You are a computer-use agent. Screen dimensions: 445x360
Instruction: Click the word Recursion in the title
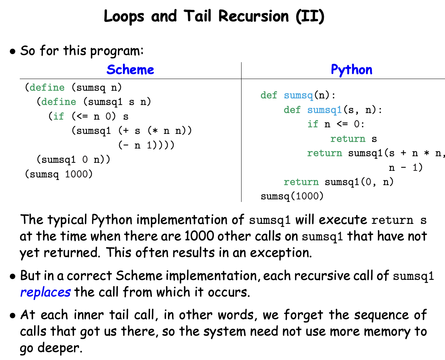[x=253, y=16]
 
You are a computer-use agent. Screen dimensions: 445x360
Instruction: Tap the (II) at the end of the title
[x=310, y=16]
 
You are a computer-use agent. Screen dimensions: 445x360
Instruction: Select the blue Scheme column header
[x=130, y=70]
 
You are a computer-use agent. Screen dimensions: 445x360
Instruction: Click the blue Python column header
[x=352, y=70]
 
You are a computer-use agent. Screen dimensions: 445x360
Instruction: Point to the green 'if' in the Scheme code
[x=59, y=116]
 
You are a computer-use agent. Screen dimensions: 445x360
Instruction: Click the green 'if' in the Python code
[x=313, y=124]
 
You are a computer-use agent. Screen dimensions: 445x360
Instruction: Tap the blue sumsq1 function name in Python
[x=325, y=110]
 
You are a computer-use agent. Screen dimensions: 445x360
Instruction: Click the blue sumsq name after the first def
[x=299, y=95]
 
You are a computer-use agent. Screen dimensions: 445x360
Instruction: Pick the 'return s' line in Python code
[x=354, y=139]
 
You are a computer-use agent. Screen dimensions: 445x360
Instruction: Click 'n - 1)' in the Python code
[x=406, y=168]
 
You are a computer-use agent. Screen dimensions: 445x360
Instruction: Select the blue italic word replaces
[x=45, y=292]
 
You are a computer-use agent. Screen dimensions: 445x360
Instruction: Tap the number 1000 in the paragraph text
[x=199, y=236]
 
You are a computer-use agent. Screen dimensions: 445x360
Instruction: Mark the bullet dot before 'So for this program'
[x=12, y=51]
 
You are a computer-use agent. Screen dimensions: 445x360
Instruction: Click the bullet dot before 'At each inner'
[x=12, y=315]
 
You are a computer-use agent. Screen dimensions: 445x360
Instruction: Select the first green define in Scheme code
[x=47, y=87]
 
